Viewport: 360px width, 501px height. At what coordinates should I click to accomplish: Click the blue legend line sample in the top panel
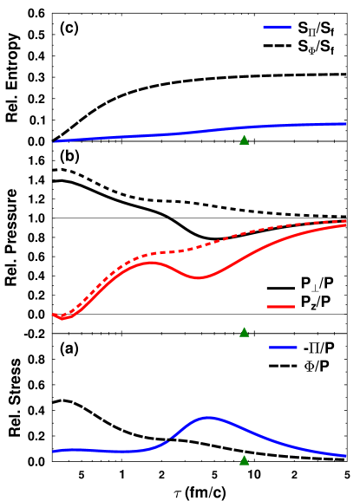tap(277, 27)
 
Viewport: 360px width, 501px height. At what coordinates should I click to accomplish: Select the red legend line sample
tap(280, 306)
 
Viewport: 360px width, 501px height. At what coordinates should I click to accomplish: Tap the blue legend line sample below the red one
tap(283, 348)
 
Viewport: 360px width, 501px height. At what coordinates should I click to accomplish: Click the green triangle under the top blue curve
tap(244, 140)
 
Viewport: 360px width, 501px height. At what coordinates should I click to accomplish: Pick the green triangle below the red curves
tap(244, 332)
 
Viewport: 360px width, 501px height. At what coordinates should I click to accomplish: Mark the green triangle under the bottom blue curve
tap(244, 460)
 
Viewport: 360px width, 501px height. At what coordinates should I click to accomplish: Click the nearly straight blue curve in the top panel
tap(173, 134)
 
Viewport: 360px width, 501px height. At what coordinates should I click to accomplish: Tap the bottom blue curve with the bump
tap(260, 435)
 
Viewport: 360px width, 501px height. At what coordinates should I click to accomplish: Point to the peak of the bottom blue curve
tap(209, 417)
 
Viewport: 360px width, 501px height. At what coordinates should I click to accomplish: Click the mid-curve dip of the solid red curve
tap(199, 278)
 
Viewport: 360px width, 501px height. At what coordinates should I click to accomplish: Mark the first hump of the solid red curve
tap(151, 262)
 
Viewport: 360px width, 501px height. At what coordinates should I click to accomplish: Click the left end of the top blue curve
tap(55, 141)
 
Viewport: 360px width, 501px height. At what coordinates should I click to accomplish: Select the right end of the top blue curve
tap(345, 124)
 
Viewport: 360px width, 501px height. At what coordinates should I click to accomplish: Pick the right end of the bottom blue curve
tap(345, 455)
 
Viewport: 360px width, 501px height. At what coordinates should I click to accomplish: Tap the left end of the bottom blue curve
tap(55, 451)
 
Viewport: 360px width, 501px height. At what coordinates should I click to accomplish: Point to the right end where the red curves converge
tap(344, 223)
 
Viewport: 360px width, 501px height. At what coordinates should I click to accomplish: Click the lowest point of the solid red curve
tap(62, 318)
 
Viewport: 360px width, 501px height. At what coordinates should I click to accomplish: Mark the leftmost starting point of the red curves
tap(54, 315)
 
